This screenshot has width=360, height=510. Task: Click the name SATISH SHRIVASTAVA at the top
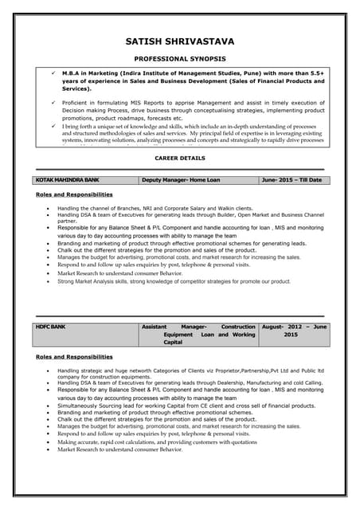coord(180,41)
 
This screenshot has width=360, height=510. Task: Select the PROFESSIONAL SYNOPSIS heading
coord(180,60)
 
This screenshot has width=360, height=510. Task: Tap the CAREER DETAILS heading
coord(180,159)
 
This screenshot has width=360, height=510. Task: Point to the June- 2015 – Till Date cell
coord(292,180)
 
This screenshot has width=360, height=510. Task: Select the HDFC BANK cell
coord(52,327)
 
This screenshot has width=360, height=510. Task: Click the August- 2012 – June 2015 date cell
coord(294,331)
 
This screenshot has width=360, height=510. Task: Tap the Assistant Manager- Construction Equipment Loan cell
coord(198,335)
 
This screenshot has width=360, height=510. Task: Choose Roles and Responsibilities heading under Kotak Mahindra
coord(74,194)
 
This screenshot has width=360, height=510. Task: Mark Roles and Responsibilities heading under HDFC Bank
coord(74,357)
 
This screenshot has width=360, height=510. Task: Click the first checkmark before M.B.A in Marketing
coord(52,73)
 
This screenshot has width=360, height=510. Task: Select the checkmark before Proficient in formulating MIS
coord(52,103)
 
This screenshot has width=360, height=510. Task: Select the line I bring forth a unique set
coord(191,126)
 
